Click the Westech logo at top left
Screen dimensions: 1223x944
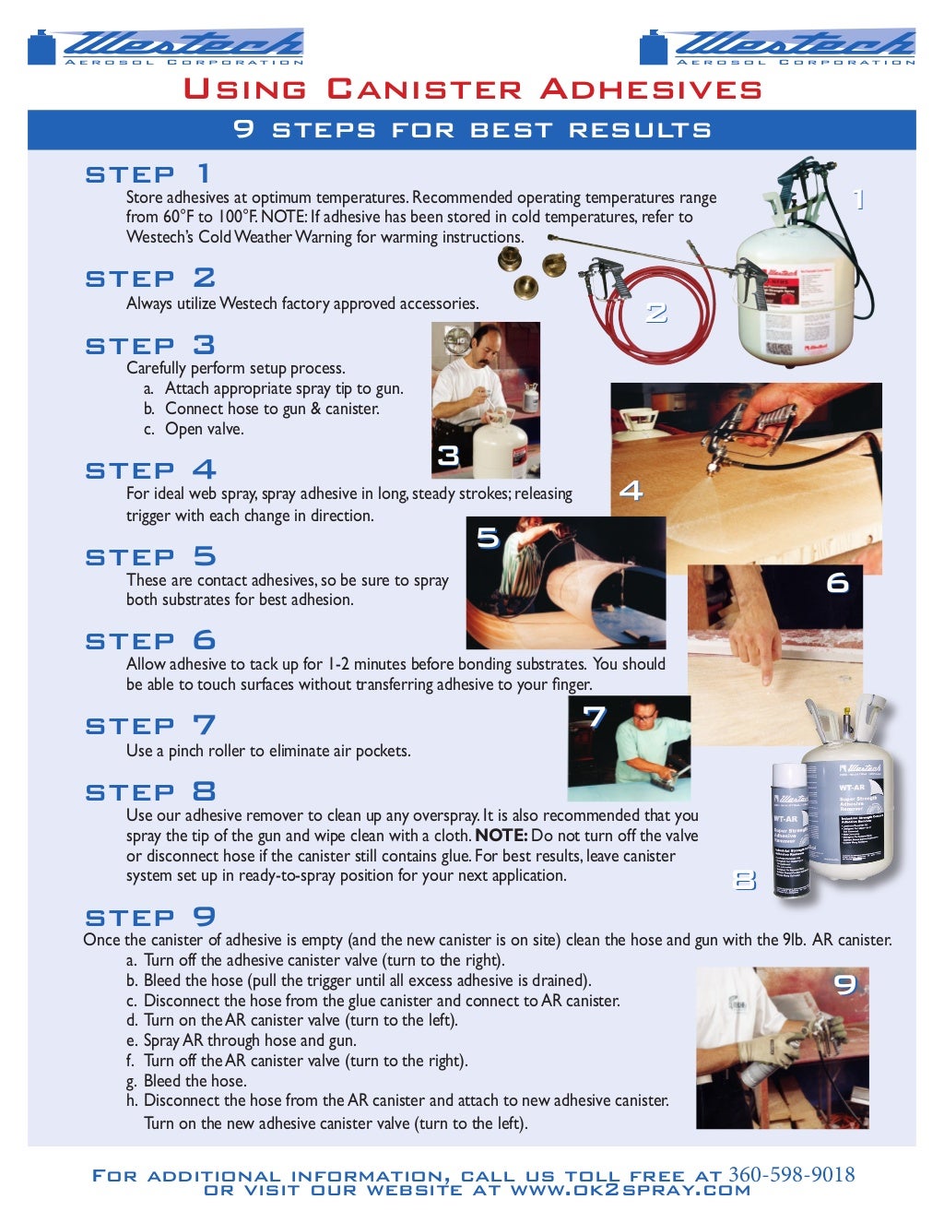click(166, 46)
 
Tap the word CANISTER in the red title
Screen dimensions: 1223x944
click(424, 89)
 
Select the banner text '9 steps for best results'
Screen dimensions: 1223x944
click(472, 129)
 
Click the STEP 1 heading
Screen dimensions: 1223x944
click(148, 173)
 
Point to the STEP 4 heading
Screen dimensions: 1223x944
click(150, 469)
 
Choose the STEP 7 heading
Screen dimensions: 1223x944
click(150, 726)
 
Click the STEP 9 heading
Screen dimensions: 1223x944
click(150, 917)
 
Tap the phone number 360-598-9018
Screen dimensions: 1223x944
click(791, 1174)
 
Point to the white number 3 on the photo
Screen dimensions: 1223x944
click(448, 456)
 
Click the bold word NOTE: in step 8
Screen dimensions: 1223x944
click(501, 836)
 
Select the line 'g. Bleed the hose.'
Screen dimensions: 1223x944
click(186, 1081)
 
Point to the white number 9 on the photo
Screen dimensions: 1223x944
click(844, 984)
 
